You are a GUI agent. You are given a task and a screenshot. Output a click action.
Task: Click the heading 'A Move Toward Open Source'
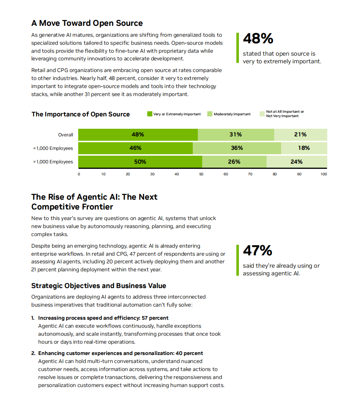point(87,23)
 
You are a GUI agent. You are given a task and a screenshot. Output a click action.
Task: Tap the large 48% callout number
point(258,39)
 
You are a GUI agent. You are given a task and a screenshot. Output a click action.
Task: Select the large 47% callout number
point(257,251)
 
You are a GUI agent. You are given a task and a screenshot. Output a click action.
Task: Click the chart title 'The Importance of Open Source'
point(80,114)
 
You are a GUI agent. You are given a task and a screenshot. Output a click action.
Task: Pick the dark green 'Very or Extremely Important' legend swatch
point(149,114)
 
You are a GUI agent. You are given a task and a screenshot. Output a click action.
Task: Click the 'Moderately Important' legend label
point(232,114)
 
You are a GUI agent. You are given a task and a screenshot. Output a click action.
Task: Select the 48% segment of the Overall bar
point(138,135)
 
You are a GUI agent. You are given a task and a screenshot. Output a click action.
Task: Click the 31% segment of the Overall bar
point(236,135)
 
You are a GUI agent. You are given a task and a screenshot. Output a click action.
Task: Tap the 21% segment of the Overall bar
point(300,135)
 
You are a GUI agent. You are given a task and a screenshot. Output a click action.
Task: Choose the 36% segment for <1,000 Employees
point(237,148)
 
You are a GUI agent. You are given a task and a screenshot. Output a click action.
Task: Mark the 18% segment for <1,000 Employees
point(304,148)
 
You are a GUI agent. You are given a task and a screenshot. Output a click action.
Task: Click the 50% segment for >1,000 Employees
point(140,162)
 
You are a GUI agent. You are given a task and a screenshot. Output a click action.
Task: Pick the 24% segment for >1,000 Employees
point(296,162)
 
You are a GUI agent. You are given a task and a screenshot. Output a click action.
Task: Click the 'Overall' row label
point(65,135)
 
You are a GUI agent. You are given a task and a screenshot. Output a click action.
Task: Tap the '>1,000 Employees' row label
point(53,162)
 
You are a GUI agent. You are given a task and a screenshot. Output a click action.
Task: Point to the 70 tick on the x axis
point(250,174)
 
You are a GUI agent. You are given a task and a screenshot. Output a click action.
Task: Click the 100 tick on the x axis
point(324,174)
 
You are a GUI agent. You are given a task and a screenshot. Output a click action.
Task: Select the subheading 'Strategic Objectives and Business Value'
point(99,286)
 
